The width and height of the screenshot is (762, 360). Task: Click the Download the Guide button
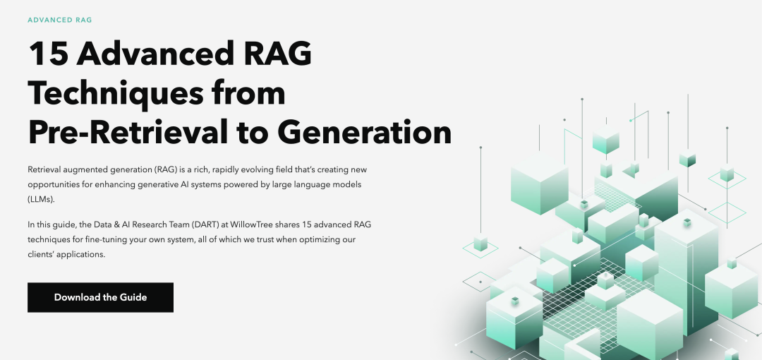coord(100,297)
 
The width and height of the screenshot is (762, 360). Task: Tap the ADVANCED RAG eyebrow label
coord(60,20)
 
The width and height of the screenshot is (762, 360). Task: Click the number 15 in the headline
coord(49,54)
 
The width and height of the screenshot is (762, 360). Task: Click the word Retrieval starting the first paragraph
coord(43,170)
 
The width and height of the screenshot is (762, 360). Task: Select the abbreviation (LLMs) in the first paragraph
coord(42,200)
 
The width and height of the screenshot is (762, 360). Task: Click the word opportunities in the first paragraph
coord(49,185)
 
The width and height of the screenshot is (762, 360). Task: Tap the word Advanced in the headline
coord(155,54)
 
